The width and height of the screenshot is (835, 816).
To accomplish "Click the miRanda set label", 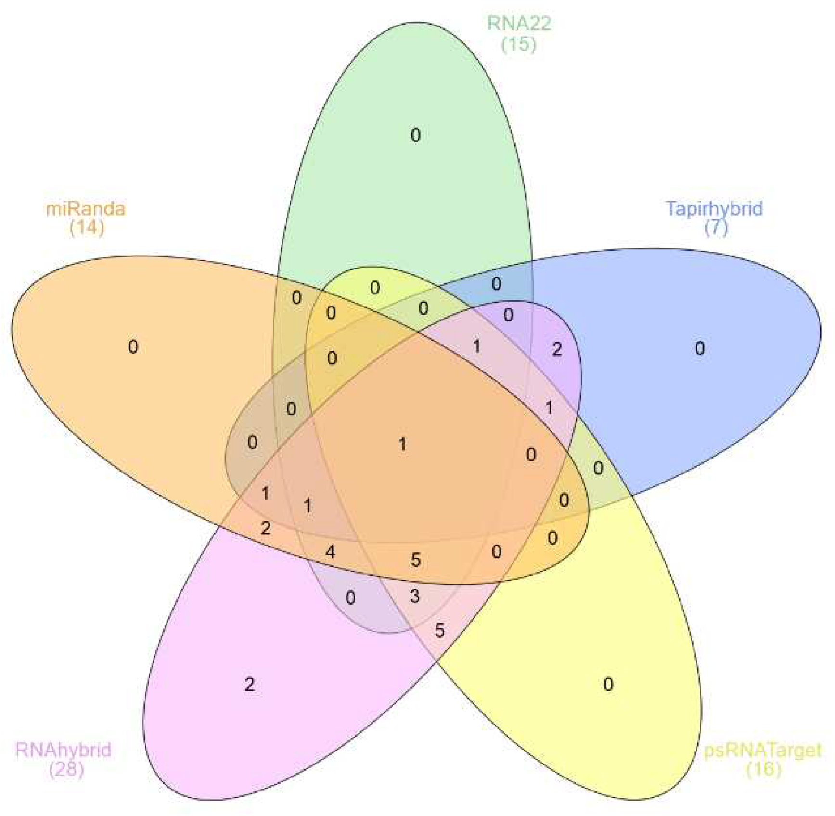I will (x=86, y=209).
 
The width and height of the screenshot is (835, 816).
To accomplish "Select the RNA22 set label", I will (x=519, y=23).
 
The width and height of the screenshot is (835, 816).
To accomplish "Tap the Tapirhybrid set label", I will (x=714, y=208).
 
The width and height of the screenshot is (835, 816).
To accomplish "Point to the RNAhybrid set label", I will (x=64, y=750).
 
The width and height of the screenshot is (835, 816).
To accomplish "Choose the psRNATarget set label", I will (x=763, y=750).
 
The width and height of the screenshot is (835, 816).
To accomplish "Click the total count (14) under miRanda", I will (x=87, y=227).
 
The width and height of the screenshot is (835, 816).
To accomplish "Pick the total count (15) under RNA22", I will (x=518, y=44).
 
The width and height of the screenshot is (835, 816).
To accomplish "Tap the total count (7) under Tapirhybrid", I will (x=716, y=227).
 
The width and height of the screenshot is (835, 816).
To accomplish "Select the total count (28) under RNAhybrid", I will (x=66, y=769).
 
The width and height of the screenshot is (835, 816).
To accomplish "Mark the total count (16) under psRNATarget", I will (x=763, y=769).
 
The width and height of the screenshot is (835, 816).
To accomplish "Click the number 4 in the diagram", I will (x=330, y=551).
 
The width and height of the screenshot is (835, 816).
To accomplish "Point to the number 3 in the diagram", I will (x=415, y=597).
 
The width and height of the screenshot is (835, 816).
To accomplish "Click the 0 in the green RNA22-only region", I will (x=416, y=135).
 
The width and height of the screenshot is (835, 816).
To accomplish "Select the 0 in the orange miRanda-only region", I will (x=133, y=346).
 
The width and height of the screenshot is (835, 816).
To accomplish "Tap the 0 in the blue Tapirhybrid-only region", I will (x=700, y=348).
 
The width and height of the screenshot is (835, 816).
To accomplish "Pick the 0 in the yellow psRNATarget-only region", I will (x=608, y=684).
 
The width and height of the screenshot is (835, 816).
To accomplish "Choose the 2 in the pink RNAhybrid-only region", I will (x=249, y=684).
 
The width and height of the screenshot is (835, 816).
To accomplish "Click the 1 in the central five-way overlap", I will (x=403, y=444).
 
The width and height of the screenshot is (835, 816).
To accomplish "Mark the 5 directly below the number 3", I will (x=439, y=630).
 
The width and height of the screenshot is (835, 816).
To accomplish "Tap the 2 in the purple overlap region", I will (x=557, y=349).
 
